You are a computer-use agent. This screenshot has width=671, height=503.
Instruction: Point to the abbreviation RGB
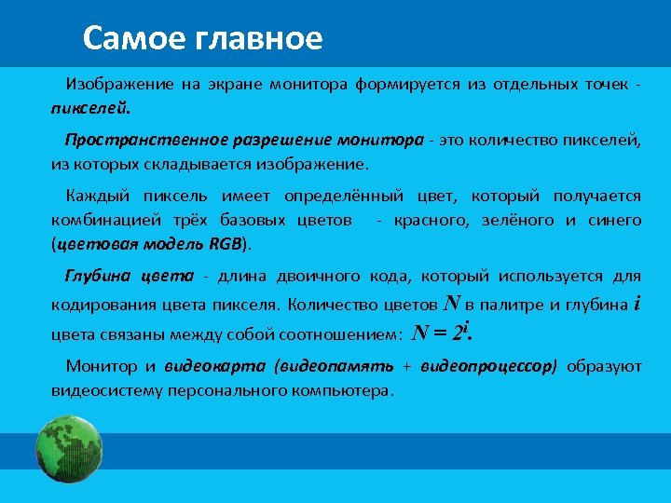point(225,244)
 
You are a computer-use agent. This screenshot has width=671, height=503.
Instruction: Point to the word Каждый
point(97,196)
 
